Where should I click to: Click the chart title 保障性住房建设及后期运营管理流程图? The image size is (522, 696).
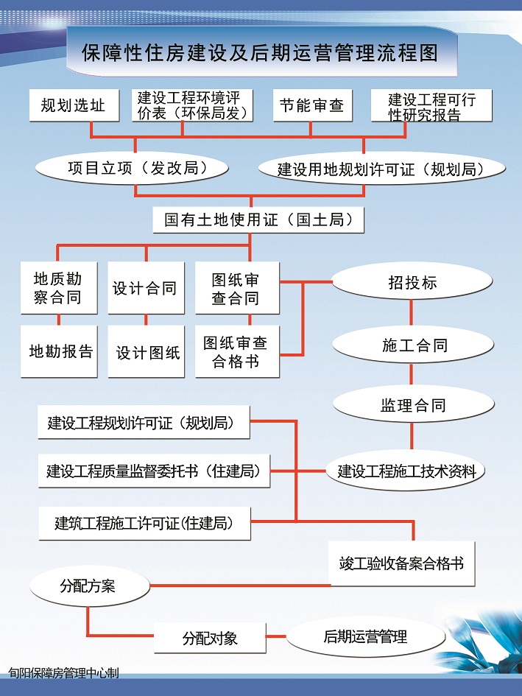tap(260, 53)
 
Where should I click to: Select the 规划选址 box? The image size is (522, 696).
tap(74, 105)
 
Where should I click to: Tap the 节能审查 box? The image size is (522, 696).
tap(312, 105)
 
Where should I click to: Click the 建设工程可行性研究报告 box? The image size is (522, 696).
tap(431, 105)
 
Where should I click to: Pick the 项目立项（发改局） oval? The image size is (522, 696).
tap(132, 168)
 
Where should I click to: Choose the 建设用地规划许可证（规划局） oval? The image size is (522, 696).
tap(381, 169)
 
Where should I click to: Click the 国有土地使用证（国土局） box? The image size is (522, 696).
tap(258, 219)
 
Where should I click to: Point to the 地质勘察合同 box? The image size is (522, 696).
tap(59, 288)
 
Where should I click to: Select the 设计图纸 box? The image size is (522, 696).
tap(146, 351)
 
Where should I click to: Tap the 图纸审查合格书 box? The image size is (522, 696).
tap(238, 351)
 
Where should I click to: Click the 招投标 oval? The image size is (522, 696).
tap(412, 281)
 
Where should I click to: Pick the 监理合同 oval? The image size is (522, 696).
tap(414, 404)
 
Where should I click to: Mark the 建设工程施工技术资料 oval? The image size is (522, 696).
tap(406, 471)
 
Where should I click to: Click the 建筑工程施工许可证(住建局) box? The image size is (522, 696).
tap(145, 524)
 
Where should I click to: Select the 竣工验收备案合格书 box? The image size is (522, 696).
tap(402, 563)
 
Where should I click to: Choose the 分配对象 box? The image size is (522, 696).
tap(210, 638)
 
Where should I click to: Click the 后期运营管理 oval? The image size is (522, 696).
tap(365, 637)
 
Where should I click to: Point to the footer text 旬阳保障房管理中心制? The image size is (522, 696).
tap(64, 673)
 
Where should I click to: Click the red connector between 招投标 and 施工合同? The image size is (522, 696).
tap(411, 313)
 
